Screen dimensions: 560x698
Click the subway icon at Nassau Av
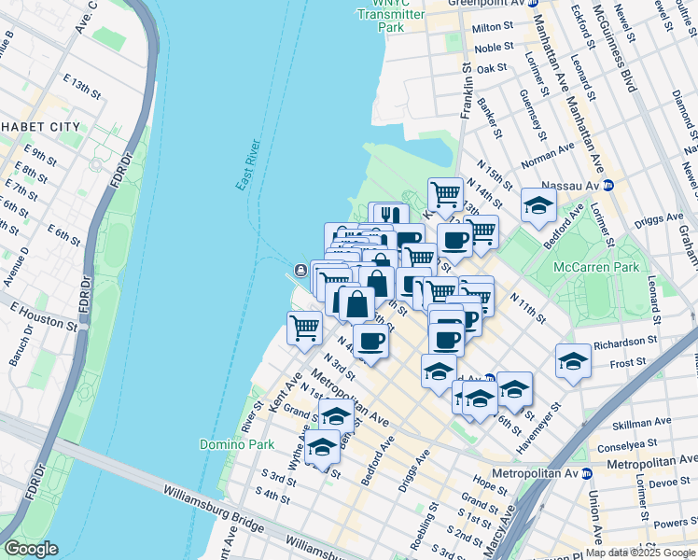(607, 185)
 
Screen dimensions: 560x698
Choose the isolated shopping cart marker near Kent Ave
(305, 328)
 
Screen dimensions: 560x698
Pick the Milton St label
(494, 28)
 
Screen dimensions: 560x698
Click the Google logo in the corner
(31, 549)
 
